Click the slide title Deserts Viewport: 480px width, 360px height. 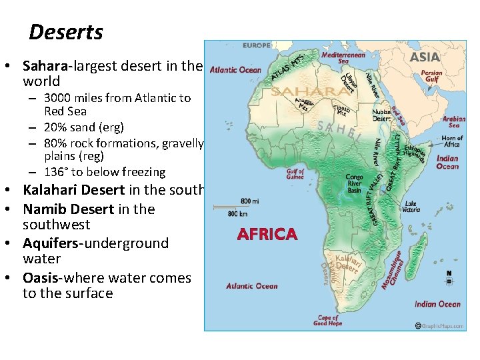pyautogui.click(x=66, y=32)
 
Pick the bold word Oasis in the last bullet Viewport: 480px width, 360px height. pyautogui.click(x=41, y=278)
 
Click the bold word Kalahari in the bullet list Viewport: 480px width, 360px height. pyautogui.click(x=53, y=190)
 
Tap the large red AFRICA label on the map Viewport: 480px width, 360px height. pyautogui.click(x=267, y=234)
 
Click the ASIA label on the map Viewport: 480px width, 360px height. pyautogui.click(x=425, y=57)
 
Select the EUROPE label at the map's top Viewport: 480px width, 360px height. pyautogui.click(x=256, y=45)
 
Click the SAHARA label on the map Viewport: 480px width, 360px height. pyautogui.click(x=306, y=91)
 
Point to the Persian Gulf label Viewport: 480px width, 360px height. pyautogui.click(x=431, y=76)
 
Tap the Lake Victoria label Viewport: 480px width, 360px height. pyautogui.click(x=411, y=207)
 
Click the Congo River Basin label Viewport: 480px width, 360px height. pyautogui.click(x=354, y=183)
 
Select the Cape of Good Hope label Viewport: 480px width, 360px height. pyautogui.click(x=328, y=321)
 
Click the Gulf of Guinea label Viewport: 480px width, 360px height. pyautogui.click(x=295, y=175)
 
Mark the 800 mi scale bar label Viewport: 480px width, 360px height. pyautogui.click(x=250, y=200)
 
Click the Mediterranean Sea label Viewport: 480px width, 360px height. pyautogui.click(x=343, y=57)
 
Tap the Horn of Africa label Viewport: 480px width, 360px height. pyautogui.click(x=452, y=141)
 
